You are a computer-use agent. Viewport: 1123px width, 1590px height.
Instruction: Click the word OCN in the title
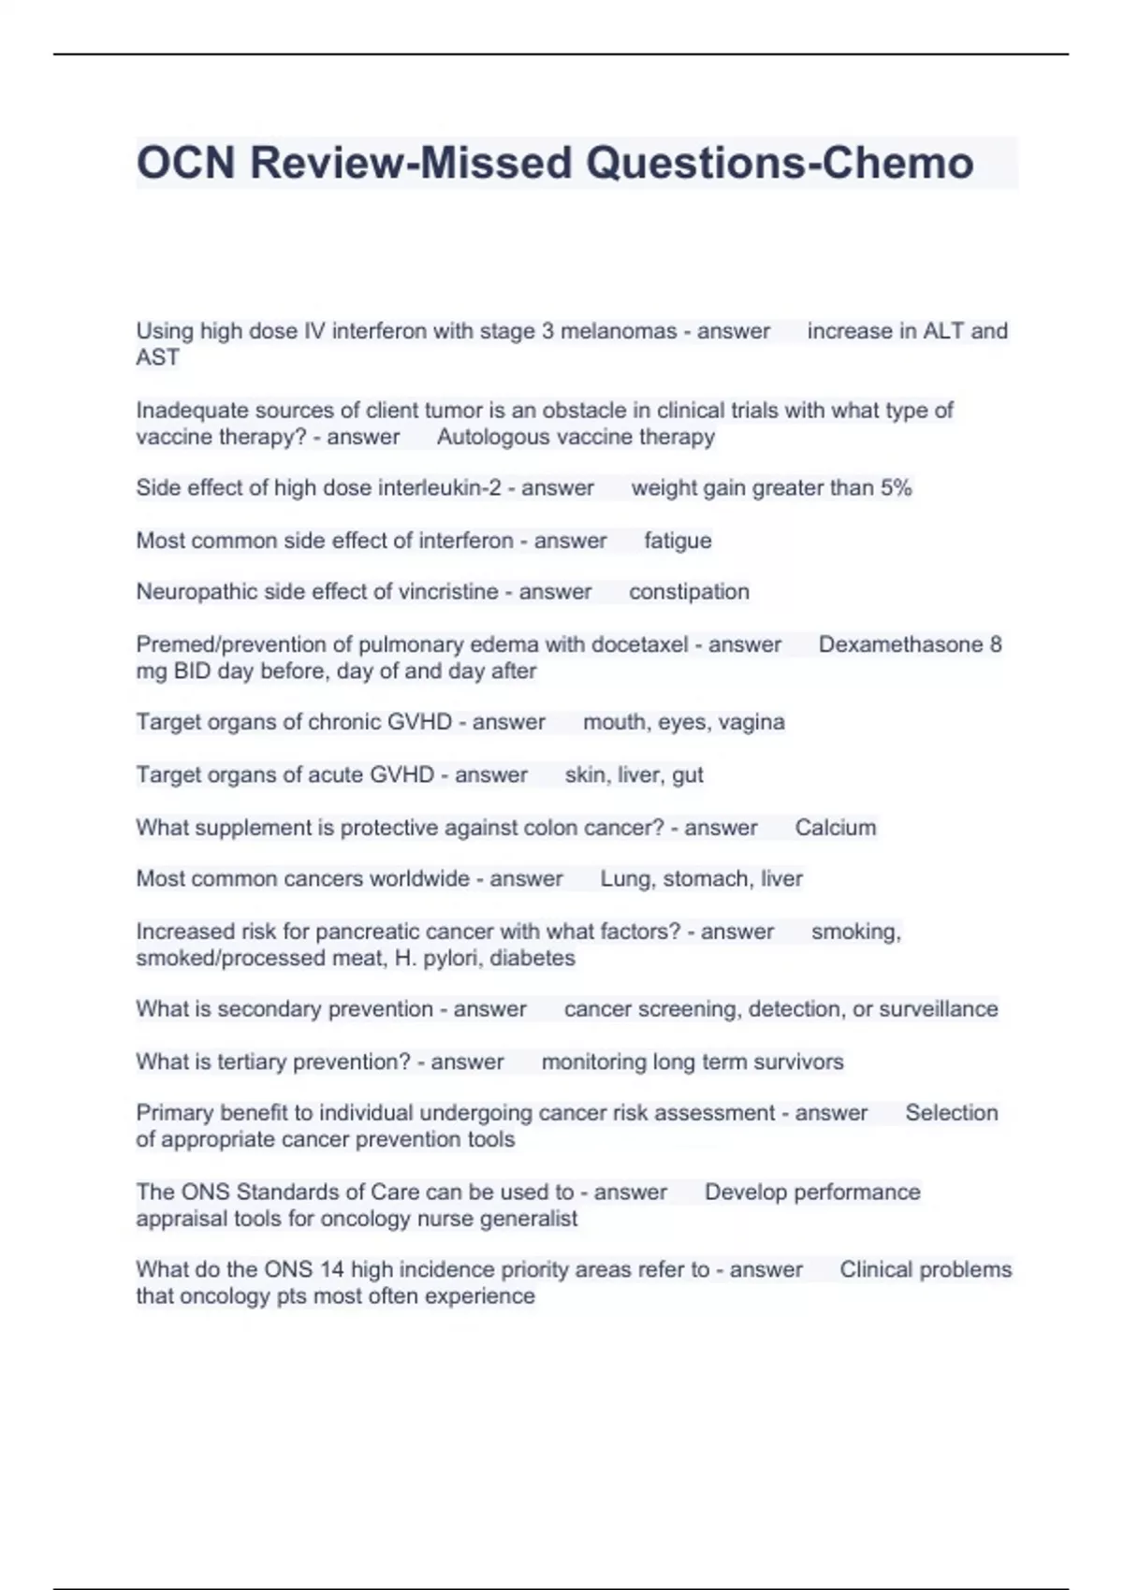(x=185, y=163)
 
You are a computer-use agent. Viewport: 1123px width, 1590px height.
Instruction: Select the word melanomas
(x=619, y=331)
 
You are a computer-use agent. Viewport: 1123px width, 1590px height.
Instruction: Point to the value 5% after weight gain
(x=896, y=488)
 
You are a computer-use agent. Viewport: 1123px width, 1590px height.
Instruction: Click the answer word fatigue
(x=678, y=541)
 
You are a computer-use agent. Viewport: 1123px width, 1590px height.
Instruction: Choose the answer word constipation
(x=689, y=592)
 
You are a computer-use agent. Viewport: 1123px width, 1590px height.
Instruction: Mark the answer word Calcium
(x=836, y=828)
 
